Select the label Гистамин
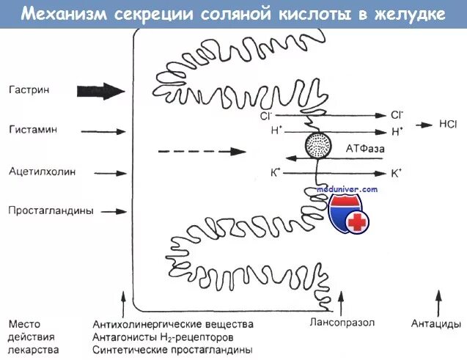(x=32, y=129)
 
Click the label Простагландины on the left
(x=51, y=210)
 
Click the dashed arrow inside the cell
(x=202, y=151)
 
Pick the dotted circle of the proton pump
(x=318, y=143)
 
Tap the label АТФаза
(x=366, y=148)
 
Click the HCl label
(x=448, y=125)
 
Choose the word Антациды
(x=436, y=323)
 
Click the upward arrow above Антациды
(x=438, y=301)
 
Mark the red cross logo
(x=356, y=222)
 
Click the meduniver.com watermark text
(x=347, y=189)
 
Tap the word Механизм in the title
(x=56, y=14)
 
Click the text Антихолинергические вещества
(x=173, y=324)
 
